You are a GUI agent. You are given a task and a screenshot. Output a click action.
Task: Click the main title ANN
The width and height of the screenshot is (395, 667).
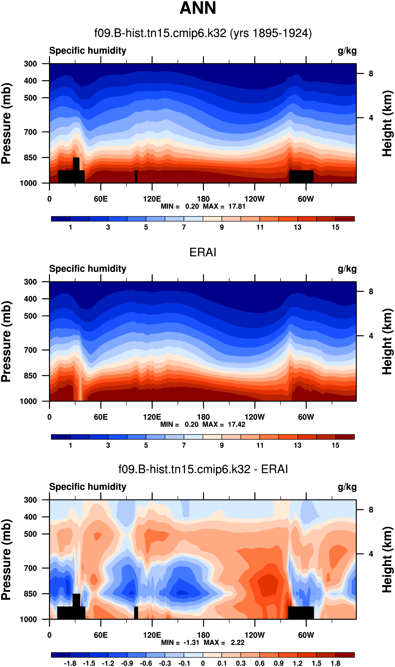point(197,8)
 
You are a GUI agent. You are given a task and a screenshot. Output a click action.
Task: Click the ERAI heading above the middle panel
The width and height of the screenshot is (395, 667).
point(203,252)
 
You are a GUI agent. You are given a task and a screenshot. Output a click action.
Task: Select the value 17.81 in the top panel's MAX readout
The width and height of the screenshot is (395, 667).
point(237,206)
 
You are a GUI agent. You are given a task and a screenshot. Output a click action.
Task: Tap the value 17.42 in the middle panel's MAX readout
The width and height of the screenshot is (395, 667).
point(236,424)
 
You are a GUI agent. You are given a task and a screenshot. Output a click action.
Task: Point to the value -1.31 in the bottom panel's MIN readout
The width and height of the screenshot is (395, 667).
point(191,643)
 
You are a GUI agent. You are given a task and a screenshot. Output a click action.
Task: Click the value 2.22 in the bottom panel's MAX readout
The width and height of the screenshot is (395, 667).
point(237,643)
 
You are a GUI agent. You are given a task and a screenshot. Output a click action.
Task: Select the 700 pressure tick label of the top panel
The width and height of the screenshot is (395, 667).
point(30,132)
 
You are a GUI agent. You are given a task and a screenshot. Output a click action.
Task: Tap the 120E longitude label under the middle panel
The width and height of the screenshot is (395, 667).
point(152,417)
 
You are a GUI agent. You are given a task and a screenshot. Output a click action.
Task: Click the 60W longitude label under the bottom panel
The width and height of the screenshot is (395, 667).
point(306,635)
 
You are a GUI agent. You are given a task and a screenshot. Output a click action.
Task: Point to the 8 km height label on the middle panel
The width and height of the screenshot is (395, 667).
point(371,292)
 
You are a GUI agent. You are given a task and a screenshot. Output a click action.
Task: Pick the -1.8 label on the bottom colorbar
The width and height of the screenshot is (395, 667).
point(70,663)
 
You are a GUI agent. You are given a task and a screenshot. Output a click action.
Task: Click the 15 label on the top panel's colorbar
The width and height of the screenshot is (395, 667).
point(335,227)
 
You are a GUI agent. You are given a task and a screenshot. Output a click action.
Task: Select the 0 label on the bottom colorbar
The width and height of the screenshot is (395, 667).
point(203,663)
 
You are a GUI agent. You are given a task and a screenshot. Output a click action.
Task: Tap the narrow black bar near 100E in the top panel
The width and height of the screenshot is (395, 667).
point(136,176)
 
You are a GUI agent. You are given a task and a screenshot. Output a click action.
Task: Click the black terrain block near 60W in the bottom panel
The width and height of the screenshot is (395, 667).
point(301,612)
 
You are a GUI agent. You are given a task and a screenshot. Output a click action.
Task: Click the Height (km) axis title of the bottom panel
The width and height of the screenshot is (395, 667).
point(387,560)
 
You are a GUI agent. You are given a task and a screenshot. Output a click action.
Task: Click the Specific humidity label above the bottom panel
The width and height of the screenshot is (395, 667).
point(88,487)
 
